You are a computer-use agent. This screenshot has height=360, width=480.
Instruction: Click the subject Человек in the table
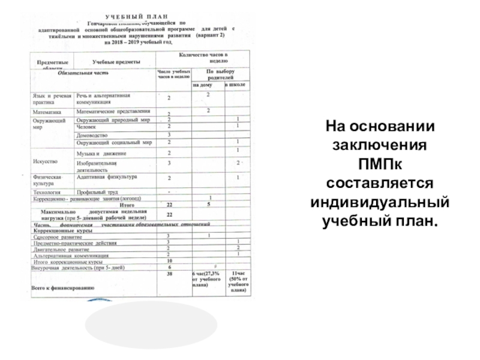(87, 127)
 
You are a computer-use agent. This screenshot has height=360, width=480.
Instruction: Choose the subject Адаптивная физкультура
(107, 178)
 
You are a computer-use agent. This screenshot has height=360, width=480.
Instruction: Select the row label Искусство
(46, 161)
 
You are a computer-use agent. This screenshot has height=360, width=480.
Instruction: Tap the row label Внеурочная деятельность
(77, 268)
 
